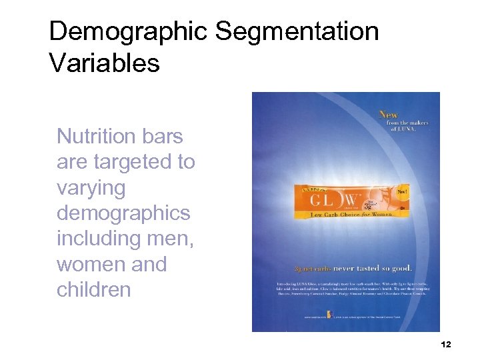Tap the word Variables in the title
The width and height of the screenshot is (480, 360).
pyautogui.click(x=104, y=63)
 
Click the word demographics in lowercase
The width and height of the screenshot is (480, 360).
pyautogui.click(x=123, y=213)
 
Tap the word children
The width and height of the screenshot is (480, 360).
pyautogui.click(x=93, y=290)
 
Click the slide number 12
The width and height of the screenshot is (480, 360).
pyautogui.click(x=446, y=344)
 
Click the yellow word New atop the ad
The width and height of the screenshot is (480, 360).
pyautogui.click(x=389, y=115)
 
